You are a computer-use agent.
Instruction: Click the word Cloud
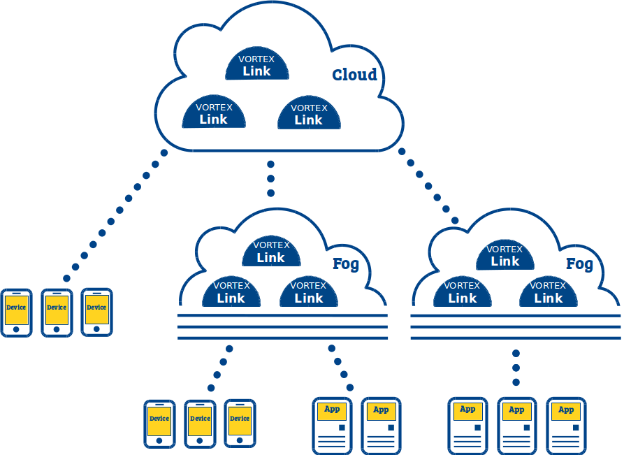tap(354, 75)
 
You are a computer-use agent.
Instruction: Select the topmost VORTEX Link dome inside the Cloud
tap(257, 64)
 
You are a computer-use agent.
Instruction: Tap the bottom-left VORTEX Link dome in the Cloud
tap(214, 112)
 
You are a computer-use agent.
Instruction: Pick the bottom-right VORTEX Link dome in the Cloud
tap(309, 113)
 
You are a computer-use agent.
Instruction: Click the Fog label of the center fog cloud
tap(346, 264)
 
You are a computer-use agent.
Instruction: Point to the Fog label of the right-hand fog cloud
tap(579, 264)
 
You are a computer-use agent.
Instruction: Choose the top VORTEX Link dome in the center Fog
tap(271, 251)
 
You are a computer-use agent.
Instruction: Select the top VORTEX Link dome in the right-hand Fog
tap(505, 255)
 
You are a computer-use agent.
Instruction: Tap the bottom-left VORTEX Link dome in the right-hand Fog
tap(463, 291)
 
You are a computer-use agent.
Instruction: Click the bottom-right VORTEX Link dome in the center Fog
tap(309, 291)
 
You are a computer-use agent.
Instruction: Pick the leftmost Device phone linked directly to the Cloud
tap(16, 313)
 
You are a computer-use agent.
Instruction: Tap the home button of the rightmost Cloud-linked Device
tap(96, 328)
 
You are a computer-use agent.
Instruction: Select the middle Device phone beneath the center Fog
tap(200, 424)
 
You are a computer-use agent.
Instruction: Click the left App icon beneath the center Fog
tap(333, 426)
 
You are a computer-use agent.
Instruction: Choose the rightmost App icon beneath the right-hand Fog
tap(566, 426)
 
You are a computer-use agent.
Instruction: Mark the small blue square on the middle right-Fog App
tap(526, 428)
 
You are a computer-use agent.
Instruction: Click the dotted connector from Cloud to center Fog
tap(270, 179)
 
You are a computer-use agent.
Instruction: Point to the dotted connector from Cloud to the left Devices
tap(115, 215)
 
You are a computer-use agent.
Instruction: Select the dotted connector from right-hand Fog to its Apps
tap(516, 368)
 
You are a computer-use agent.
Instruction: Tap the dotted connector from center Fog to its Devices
tap(220, 368)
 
